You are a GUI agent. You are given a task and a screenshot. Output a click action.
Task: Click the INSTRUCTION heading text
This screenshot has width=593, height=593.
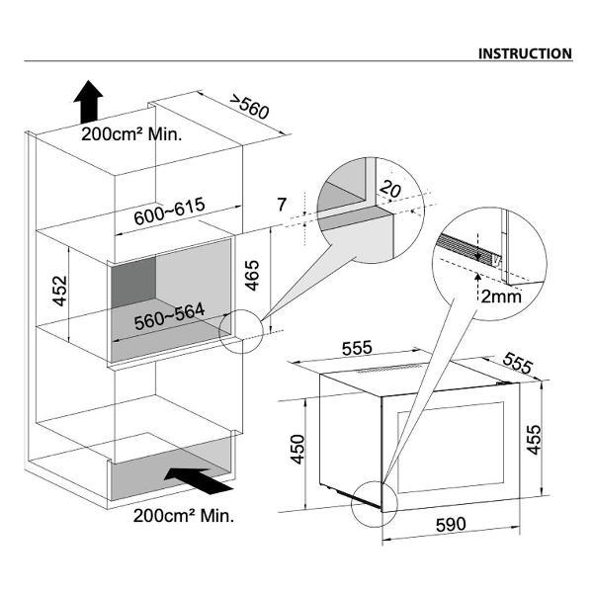(525, 53)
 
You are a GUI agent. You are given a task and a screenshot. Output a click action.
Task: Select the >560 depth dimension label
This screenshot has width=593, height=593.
(249, 107)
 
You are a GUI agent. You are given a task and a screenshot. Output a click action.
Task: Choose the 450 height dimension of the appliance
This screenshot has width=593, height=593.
(297, 452)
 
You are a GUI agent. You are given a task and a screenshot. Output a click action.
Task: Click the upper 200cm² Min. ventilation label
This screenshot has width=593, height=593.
(131, 135)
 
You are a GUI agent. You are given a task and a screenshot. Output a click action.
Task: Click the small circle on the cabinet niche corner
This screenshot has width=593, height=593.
(239, 330)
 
